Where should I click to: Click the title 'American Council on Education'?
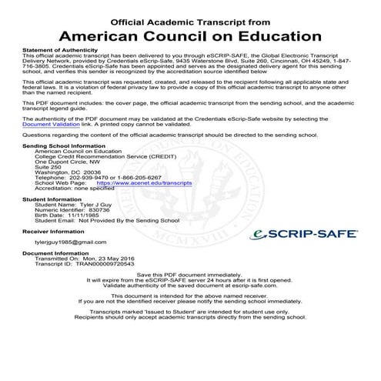point(190,35)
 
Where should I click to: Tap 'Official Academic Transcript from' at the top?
point(190,17)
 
